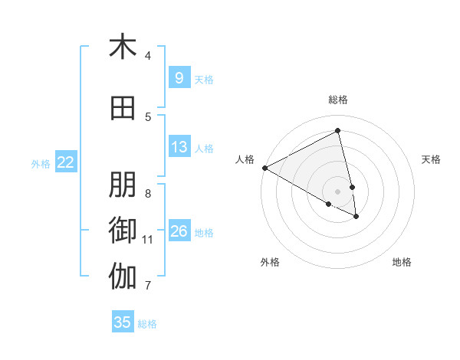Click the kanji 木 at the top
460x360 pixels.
(x=123, y=47)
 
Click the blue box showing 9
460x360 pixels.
(x=179, y=77)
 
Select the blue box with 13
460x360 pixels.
(x=179, y=147)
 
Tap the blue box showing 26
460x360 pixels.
(x=179, y=231)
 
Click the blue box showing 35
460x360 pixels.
(x=123, y=322)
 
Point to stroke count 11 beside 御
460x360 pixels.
(x=148, y=240)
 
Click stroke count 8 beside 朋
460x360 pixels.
(x=148, y=193)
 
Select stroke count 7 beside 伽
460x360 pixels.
(x=148, y=286)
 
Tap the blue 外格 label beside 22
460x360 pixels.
(x=41, y=163)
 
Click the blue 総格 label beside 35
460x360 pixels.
(x=147, y=324)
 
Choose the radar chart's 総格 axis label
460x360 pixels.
(x=338, y=100)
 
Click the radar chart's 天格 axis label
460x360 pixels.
(x=432, y=159)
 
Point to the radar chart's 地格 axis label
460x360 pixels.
(x=402, y=262)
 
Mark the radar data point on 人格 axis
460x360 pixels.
(x=264, y=168)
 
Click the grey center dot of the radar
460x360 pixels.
(x=338, y=191)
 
